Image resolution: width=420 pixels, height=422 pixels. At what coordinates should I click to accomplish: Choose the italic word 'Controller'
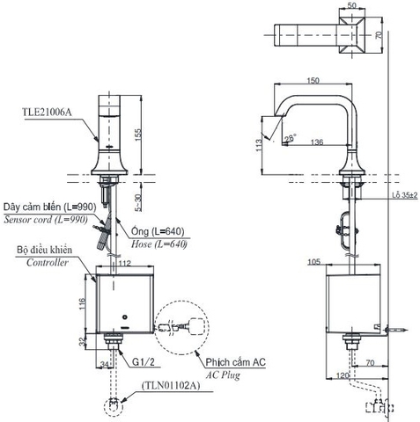click(48, 263)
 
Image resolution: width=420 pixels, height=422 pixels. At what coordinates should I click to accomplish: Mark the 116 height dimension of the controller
click(81, 302)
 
